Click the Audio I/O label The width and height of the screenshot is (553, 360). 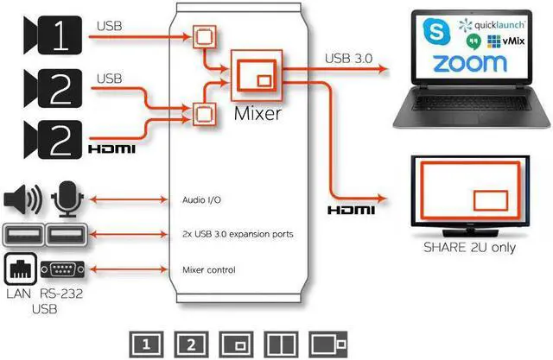[x=202, y=199]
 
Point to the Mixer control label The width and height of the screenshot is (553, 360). [x=208, y=270]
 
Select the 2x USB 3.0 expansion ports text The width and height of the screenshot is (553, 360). [x=237, y=234]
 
